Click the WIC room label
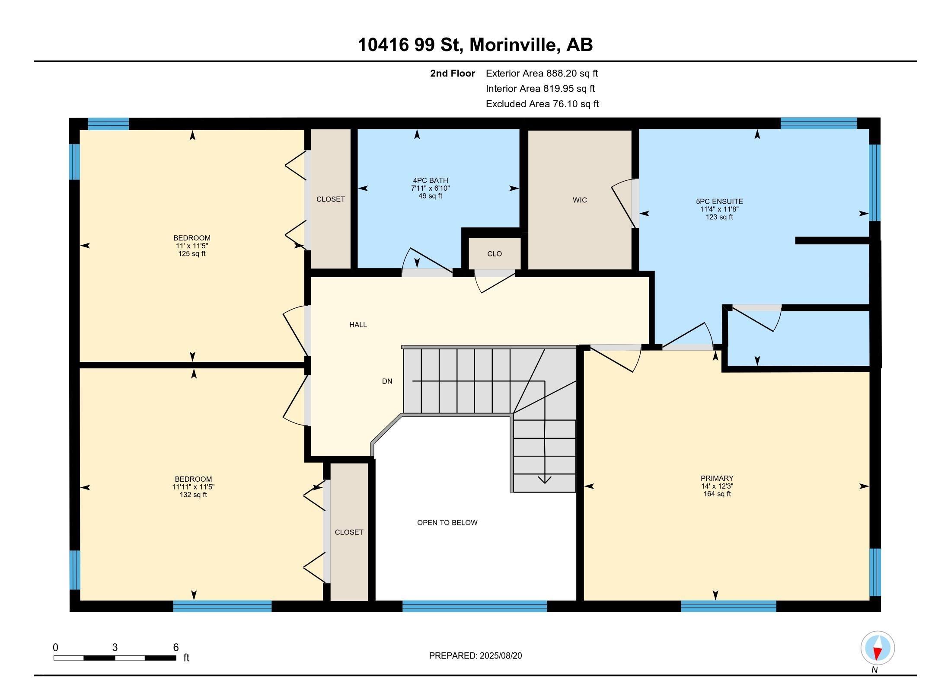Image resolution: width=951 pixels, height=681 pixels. click(x=580, y=200)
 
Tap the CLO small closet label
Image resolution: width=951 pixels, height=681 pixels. click(x=494, y=254)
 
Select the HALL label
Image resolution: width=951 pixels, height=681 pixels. click(x=358, y=325)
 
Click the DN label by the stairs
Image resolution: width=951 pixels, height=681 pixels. click(x=387, y=381)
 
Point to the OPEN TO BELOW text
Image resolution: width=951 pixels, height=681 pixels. click(x=447, y=522)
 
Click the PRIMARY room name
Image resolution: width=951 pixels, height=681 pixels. click(x=717, y=478)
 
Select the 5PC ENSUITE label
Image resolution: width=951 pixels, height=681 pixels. click(x=719, y=201)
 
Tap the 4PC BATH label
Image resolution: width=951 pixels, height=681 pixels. click(x=430, y=180)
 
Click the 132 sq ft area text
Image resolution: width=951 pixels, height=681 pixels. click(x=193, y=495)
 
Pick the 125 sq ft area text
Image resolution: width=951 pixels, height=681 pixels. click(x=192, y=254)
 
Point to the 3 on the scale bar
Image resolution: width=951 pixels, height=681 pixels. click(x=115, y=648)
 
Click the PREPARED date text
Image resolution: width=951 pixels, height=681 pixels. click(x=475, y=655)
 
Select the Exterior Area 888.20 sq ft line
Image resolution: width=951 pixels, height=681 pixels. click(x=542, y=74)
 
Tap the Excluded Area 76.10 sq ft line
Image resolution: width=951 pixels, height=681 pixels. click(x=542, y=104)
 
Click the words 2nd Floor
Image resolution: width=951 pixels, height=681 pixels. click(x=452, y=74)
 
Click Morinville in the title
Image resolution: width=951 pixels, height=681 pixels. click(x=513, y=45)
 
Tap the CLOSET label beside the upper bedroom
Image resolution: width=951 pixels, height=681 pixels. click(x=331, y=199)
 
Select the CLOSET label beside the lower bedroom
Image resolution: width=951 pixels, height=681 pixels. click(x=349, y=532)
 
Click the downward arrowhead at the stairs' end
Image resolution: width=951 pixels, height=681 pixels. click(x=544, y=480)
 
